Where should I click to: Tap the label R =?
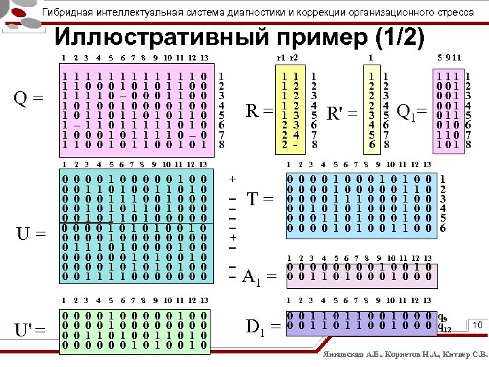259,110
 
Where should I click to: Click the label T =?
259,200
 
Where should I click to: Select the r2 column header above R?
294,58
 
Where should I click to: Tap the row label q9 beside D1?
443,317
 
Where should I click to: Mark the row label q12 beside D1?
445,327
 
